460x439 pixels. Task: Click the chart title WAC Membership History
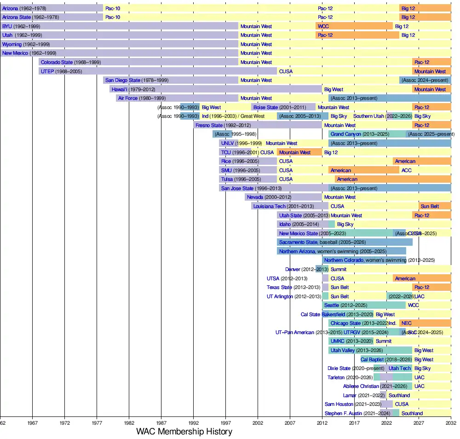184,432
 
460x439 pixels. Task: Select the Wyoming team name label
12,44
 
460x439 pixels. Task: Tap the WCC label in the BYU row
323,26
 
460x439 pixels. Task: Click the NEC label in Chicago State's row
407,323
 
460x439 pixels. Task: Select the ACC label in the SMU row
407,170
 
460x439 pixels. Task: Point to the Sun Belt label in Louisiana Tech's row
430,206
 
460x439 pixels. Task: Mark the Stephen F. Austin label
343,414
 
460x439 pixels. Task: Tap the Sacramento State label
298,242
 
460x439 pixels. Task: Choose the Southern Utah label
369,116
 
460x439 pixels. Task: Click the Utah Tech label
399,369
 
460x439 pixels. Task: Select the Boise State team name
265,107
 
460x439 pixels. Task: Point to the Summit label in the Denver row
339,269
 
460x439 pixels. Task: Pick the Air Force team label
128,98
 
